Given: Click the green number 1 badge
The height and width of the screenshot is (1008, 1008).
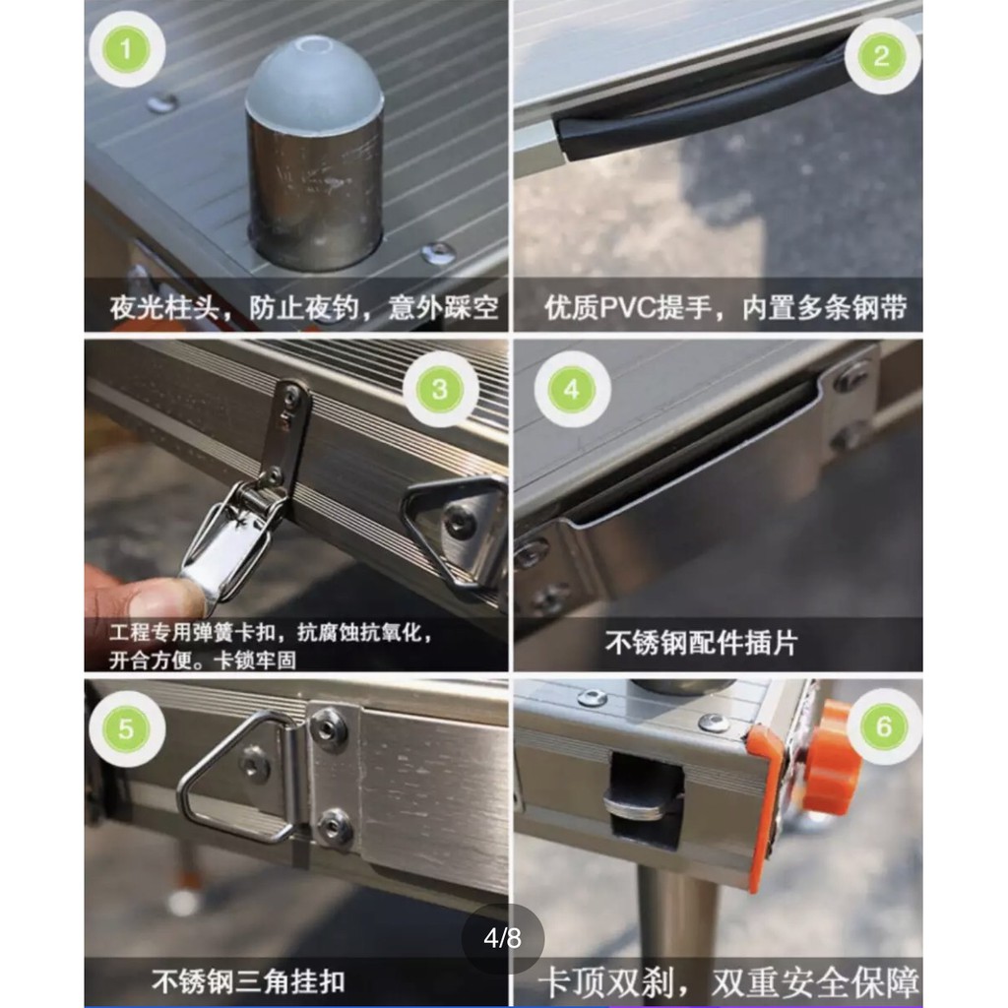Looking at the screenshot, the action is coord(127,49).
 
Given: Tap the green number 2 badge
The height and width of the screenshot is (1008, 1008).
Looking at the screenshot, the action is coord(881,56).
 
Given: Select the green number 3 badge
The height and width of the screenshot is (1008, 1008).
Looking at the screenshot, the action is coord(440,389).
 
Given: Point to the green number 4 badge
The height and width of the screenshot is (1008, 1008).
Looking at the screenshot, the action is coord(572,390).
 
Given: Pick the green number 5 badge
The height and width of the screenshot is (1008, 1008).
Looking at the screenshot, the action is coord(127,729).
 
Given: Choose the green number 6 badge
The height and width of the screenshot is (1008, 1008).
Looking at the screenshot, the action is coord(884,726).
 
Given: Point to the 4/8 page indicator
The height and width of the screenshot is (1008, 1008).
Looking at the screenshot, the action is coord(503,938).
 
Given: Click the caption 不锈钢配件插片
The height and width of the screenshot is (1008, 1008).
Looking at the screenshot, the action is coord(700,643).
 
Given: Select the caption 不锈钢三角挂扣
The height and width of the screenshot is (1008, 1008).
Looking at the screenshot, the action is coord(248,981).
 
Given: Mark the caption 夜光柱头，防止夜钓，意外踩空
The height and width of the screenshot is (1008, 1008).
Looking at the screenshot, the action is coord(303,308).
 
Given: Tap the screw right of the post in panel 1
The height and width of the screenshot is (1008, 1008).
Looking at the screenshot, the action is coord(438,253).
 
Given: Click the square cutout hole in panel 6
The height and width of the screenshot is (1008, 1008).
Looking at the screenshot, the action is coord(646,799).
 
